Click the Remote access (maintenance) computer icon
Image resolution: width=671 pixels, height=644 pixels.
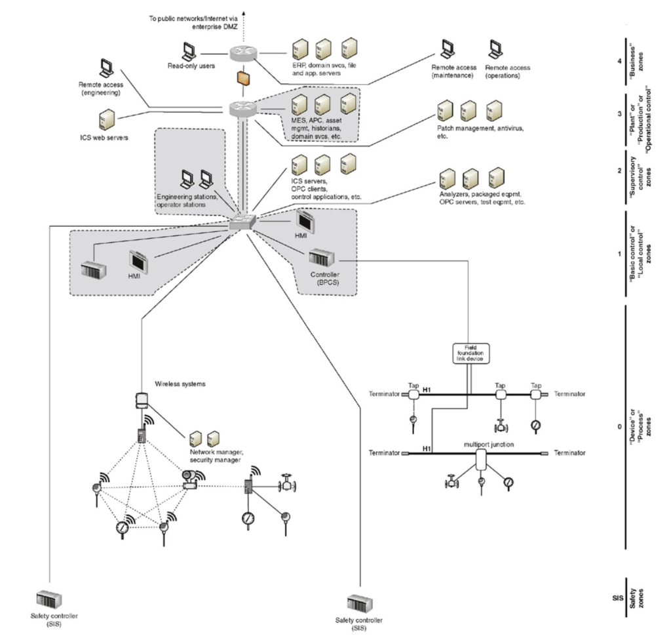pyautogui.click(x=449, y=49)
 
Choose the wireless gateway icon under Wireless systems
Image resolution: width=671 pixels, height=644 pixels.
pyautogui.click(x=140, y=399)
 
